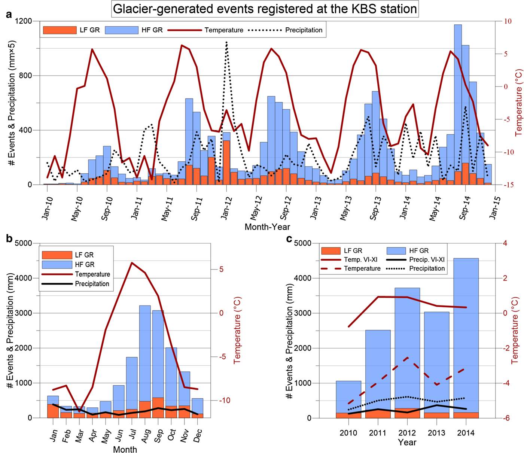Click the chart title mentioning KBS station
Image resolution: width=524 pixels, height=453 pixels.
click(x=265, y=9)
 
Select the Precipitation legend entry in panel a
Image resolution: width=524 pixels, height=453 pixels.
click(x=304, y=30)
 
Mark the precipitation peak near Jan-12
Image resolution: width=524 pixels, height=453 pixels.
click(x=226, y=43)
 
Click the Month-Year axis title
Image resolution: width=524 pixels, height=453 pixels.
click(x=267, y=227)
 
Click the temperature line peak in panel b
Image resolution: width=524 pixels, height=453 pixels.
click(x=132, y=263)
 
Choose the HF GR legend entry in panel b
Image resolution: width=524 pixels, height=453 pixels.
click(x=85, y=264)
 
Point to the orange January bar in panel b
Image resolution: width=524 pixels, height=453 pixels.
click(x=53, y=411)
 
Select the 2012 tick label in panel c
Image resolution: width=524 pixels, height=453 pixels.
click(x=407, y=433)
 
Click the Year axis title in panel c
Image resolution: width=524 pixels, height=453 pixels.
click(x=407, y=443)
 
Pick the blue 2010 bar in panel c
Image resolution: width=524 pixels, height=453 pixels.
click(x=348, y=397)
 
